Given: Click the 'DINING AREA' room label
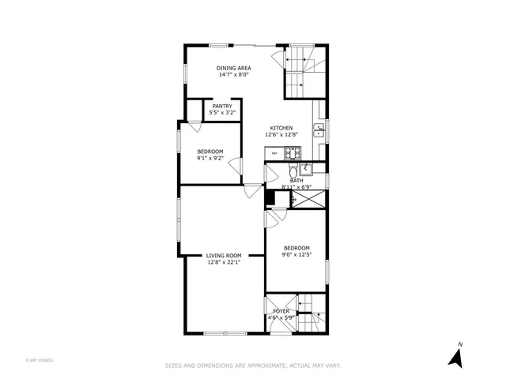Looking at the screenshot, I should [234, 69].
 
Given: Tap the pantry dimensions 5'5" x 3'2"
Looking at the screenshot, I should [222, 113].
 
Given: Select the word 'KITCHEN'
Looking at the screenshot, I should [281, 128].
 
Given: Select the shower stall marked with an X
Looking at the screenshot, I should [309, 200].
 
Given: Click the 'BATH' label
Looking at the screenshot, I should [296, 181].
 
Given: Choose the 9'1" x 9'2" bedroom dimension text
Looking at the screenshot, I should [210, 158].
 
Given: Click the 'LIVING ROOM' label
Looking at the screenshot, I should [224, 255].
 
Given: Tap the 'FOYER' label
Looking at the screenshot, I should [281, 311].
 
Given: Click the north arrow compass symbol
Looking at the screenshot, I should [455, 356].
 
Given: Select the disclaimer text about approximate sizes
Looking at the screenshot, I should [252, 366].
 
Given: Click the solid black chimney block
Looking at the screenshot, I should [269, 198].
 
